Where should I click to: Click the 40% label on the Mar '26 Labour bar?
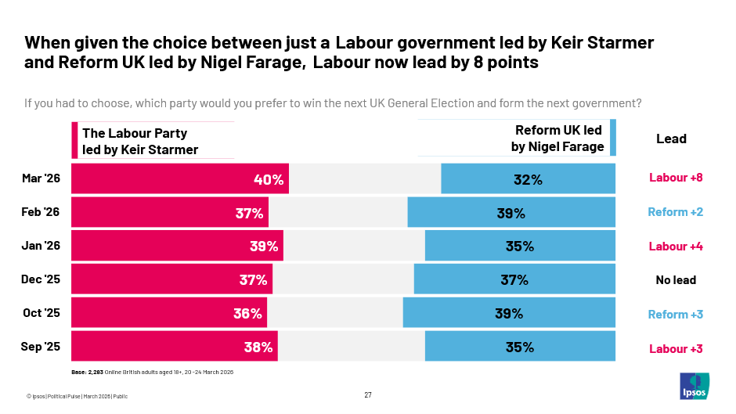click(x=269, y=179)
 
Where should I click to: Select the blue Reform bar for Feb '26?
click(x=511, y=212)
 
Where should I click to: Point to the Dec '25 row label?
click(x=41, y=279)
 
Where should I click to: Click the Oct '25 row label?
click(x=41, y=313)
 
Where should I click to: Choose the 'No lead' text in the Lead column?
click(x=675, y=280)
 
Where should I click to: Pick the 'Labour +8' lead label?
click(x=676, y=178)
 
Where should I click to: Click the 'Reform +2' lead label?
click(x=675, y=212)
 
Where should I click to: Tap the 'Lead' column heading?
click(x=671, y=139)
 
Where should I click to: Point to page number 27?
click(x=368, y=394)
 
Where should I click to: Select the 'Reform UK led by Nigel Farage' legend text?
click(x=558, y=139)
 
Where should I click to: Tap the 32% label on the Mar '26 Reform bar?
click(x=528, y=179)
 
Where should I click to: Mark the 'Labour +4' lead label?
click(x=676, y=247)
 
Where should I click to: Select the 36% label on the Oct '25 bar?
click(x=247, y=314)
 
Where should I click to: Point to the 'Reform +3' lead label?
click(x=675, y=315)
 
